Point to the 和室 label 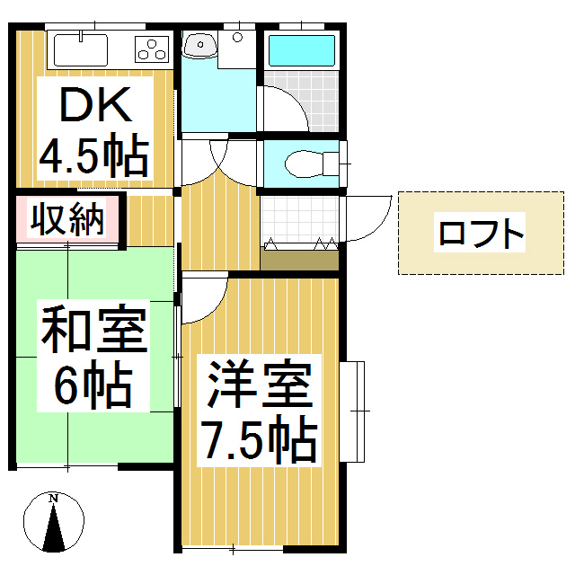click(93, 332)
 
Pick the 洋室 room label click(260, 387)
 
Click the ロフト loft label click(480, 234)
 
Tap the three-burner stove click(153, 47)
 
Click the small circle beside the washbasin click(237, 38)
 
